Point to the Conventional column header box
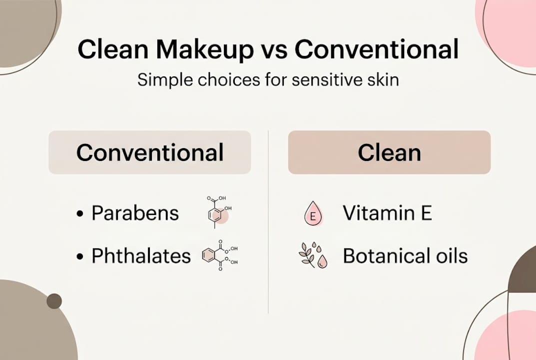(149, 152)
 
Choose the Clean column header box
(389, 152)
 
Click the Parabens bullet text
(135, 213)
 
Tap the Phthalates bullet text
(141, 256)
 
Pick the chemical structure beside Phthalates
(219, 255)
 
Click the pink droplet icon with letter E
(313, 214)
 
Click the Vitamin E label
(387, 213)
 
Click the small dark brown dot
(54, 301)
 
